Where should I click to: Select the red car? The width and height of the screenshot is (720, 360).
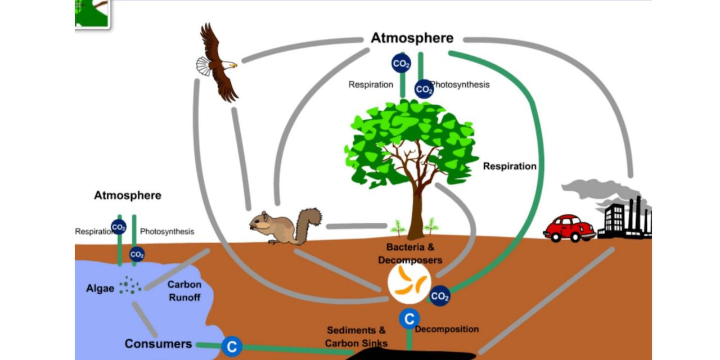(x=569, y=228)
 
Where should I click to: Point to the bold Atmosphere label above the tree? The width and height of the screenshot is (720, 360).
(x=412, y=38)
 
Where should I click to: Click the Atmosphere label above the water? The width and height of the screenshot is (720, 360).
(x=128, y=195)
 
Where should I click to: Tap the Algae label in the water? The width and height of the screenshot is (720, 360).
(x=100, y=289)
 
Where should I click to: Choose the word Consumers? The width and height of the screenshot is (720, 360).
(x=158, y=344)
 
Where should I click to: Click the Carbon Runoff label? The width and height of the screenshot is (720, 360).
(x=184, y=291)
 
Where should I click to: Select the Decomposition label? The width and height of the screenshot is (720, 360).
(x=447, y=329)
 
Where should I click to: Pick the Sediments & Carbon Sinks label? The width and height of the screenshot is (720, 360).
(x=356, y=336)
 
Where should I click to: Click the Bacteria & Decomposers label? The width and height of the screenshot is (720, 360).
(x=410, y=253)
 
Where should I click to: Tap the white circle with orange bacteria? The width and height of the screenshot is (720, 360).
(x=409, y=282)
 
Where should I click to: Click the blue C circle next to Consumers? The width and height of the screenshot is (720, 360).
(x=232, y=346)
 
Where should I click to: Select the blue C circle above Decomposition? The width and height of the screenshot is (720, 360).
(x=409, y=319)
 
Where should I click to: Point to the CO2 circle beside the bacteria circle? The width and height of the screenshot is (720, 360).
(x=439, y=296)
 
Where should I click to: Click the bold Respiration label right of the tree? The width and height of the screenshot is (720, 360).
(x=510, y=166)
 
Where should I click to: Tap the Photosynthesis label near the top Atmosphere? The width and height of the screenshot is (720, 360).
(x=460, y=84)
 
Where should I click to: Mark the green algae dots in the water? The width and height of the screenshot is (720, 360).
(x=130, y=285)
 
